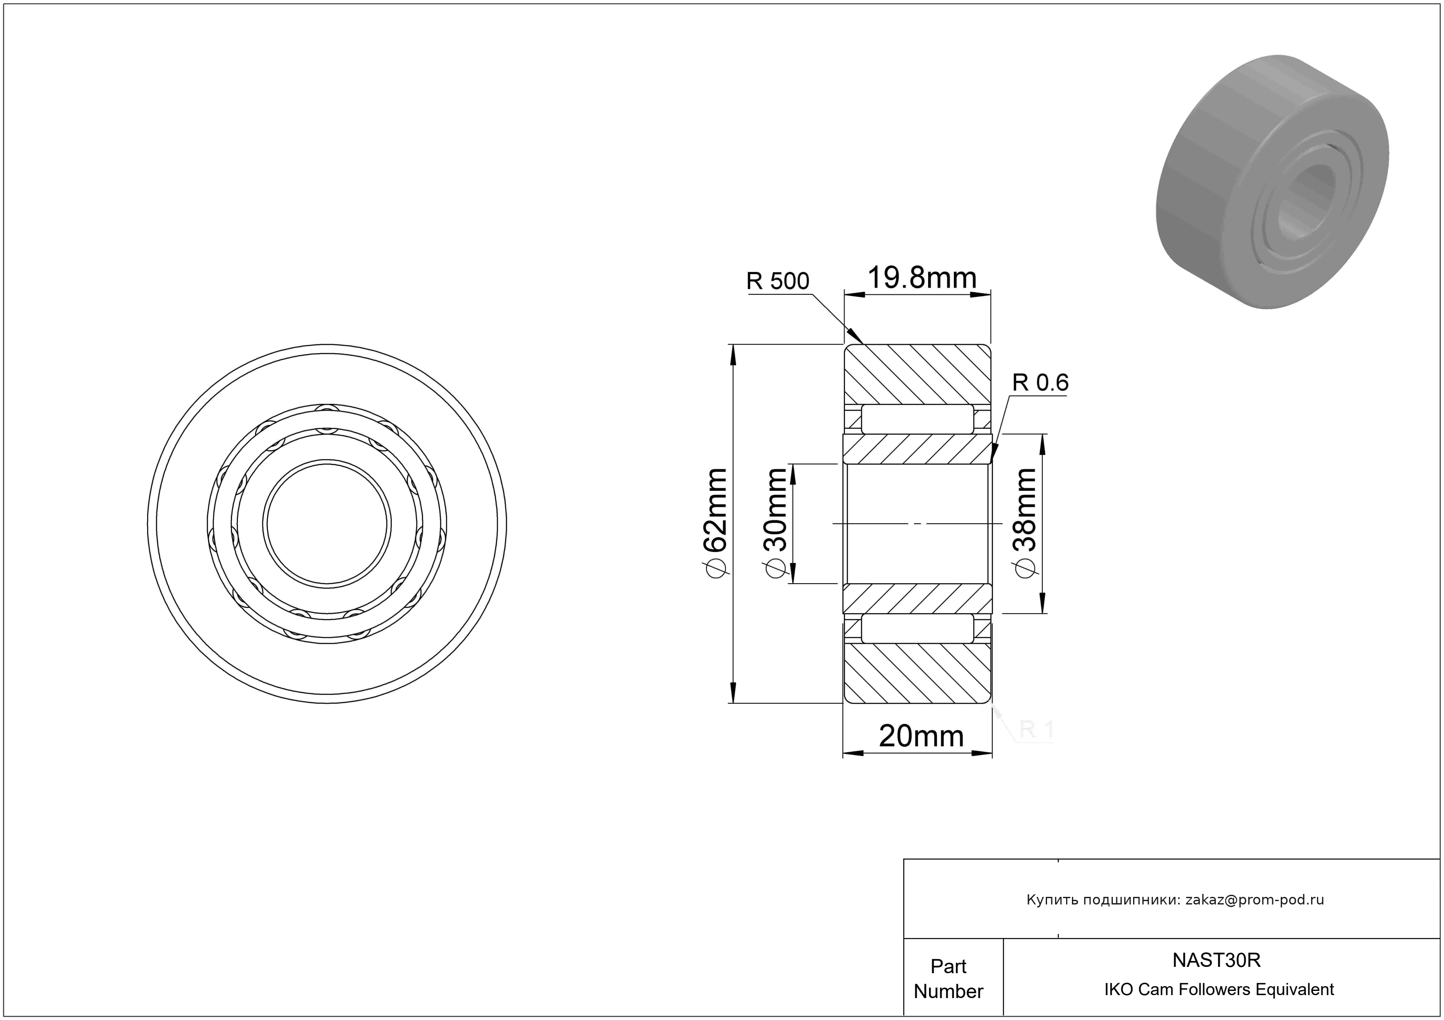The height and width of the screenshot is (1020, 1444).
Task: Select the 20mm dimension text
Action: pos(921,736)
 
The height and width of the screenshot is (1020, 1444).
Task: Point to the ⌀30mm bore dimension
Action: pos(775,522)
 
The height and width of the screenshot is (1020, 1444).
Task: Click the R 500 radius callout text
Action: pos(777,281)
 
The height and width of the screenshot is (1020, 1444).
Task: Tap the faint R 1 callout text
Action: pos(1036,729)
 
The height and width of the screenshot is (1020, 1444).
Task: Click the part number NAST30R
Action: pos(1216,960)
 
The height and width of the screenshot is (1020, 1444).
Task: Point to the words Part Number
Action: pos(948,979)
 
